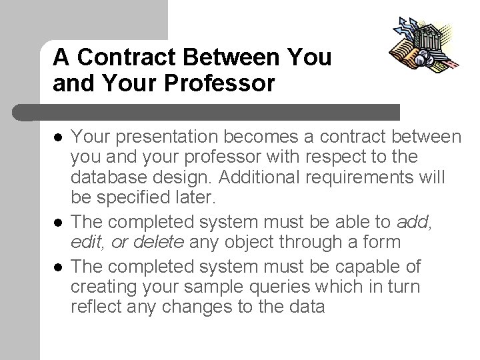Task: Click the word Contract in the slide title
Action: tap(115, 57)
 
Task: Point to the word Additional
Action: tap(241, 179)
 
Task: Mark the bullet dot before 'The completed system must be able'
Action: tap(58, 221)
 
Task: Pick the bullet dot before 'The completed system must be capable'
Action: tap(58, 267)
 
